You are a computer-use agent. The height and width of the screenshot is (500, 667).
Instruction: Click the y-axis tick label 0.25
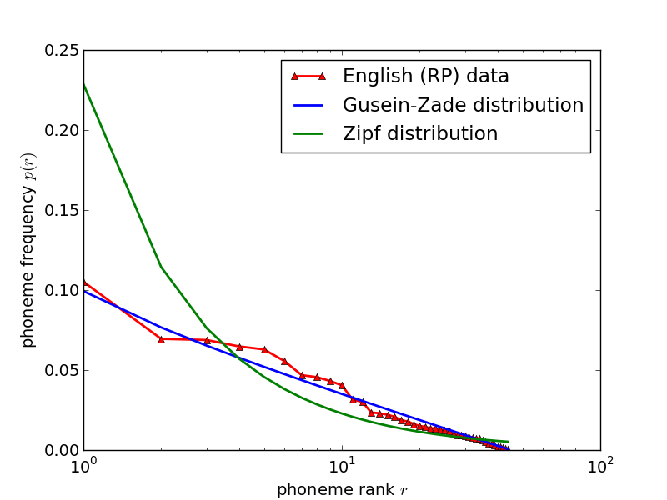[62, 51]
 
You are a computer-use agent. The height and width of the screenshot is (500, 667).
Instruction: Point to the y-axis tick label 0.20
[62, 131]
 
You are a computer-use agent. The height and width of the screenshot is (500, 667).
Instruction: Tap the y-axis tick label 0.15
[62, 211]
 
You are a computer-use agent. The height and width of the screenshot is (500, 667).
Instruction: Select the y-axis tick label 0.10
[62, 291]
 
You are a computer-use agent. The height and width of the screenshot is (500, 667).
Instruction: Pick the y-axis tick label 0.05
[62, 371]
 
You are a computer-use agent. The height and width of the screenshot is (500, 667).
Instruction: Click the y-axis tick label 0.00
[62, 451]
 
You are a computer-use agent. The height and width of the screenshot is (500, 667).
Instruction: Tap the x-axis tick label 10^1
[342, 466]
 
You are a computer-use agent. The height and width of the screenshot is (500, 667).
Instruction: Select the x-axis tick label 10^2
[600, 466]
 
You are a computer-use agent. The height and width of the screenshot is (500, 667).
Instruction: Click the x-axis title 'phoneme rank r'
[342, 490]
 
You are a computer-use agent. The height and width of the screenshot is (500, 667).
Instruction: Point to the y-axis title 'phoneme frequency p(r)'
[28, 250]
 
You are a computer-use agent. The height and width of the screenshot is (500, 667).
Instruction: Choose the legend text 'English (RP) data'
[425, 77]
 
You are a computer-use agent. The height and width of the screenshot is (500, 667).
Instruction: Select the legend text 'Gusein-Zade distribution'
[463, 106]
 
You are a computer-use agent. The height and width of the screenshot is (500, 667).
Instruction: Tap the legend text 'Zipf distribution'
[419, 134]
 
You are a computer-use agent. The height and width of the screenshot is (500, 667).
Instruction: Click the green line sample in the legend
[307, 134]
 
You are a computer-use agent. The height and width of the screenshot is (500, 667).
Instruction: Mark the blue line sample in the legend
[307, 106]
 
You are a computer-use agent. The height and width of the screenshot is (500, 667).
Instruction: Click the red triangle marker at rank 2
[161, 339]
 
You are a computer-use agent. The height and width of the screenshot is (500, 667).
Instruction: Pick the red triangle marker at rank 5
[264, 349]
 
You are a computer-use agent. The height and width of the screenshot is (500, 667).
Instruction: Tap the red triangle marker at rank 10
[342, 385]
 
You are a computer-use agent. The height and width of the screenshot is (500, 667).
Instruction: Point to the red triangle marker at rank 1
[84, 282]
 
